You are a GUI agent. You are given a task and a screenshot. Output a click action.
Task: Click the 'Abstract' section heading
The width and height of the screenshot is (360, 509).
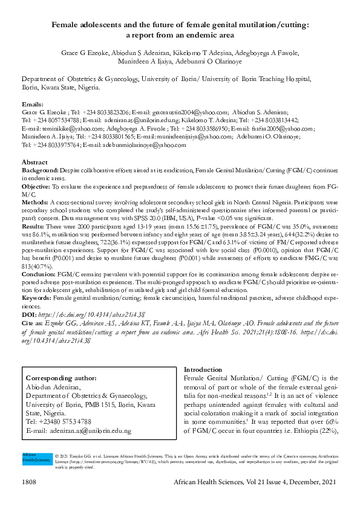34,163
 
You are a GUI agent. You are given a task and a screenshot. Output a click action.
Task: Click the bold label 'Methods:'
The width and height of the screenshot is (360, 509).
35,202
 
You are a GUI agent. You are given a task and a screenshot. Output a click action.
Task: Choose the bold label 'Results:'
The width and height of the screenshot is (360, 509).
33,224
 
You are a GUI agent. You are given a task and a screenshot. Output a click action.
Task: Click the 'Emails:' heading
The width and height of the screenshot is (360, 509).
33,105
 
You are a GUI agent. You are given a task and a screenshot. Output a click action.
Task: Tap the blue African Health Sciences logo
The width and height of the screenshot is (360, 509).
36,458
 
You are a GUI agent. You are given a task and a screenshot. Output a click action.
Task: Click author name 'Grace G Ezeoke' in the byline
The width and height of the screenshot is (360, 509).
82,53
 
